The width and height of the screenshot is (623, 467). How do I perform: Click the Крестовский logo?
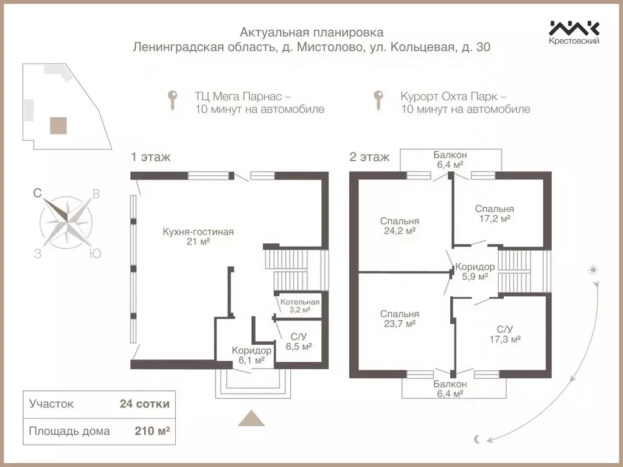[x=574, y=32]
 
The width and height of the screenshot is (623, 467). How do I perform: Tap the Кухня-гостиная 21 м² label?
[x=198, y=237]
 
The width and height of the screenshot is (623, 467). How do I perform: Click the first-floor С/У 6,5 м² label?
[x=299, y=341]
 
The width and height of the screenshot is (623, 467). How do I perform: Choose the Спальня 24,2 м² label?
[x=400, y=226]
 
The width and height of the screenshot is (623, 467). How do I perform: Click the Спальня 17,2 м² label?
[x=494, y=213]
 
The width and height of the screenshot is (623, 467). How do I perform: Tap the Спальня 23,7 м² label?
[x=400, y=319]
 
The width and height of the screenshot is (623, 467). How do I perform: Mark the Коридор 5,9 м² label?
[x=475, y=271]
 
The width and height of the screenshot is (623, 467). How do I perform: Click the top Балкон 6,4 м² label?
[x=450, y=159]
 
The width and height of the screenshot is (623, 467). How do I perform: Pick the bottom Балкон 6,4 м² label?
[x=450, y=389]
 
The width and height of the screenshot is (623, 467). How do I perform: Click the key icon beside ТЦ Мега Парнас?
[x=173, y=100]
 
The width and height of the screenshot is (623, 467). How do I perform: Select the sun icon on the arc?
[x=594, y=269]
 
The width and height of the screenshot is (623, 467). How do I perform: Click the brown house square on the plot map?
[x=58, y=126]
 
